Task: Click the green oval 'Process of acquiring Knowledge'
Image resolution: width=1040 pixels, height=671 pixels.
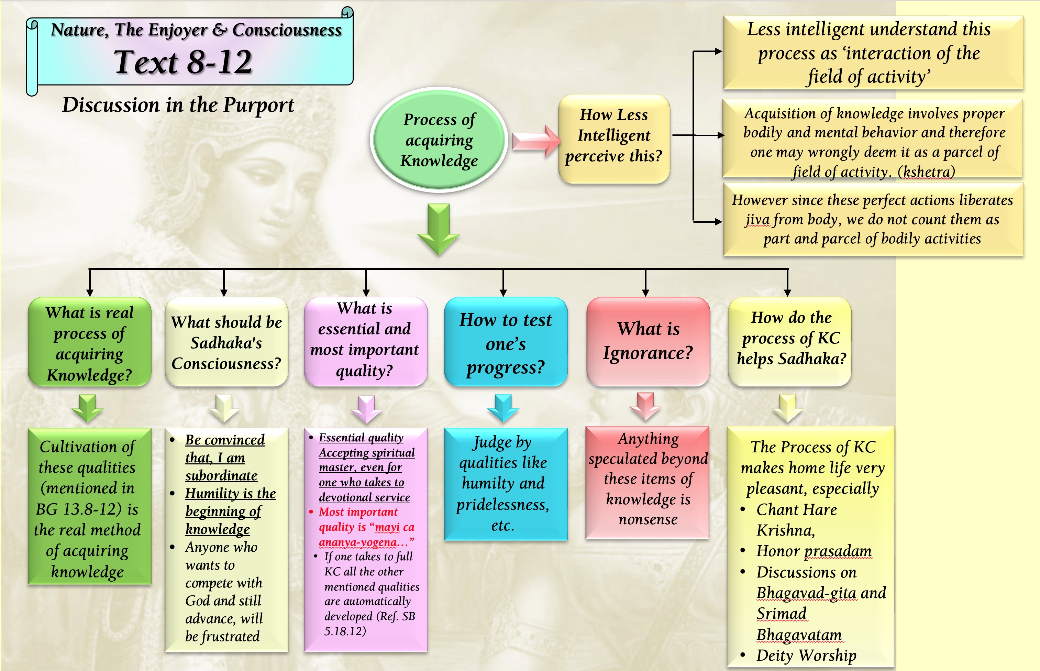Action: [x=439, y=140]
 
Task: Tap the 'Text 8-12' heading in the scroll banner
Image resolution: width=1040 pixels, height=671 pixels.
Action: [x=183, y=62]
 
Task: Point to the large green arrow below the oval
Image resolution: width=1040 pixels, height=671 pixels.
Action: [x=439, y=229]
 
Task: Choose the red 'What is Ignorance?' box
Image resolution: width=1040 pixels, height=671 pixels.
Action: [x=648, y=341]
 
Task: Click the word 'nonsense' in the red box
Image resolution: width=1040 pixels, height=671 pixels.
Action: [x=648, y=519]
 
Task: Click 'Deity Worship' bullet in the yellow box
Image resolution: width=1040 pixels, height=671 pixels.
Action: [x=806, y=655]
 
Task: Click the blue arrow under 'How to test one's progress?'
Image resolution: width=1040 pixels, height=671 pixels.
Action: [x=503, y=407]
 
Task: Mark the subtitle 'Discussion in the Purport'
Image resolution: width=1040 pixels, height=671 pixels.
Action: [x=178, y=105]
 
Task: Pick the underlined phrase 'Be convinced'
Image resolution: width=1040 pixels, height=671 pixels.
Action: [x=225, y=440]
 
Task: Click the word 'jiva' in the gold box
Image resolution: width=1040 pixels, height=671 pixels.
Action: [x=757, y=219]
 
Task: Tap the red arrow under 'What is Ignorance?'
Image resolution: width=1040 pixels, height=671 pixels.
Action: [x=645, y=405]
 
